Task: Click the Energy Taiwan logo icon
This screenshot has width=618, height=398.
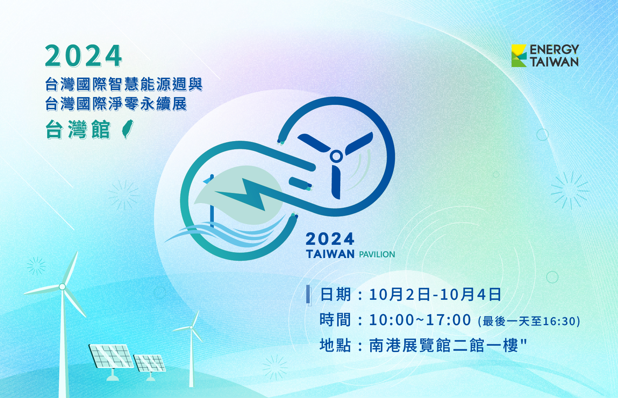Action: [519, 56]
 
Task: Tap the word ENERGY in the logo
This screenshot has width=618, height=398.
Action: [554, 50]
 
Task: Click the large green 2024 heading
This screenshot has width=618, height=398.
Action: [83, 56]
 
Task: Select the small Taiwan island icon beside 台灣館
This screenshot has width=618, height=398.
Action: [128, 129]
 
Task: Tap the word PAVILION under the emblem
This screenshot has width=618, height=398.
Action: [377, 255]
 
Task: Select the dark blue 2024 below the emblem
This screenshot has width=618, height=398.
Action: [330, 239]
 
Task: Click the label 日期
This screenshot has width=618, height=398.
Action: [336, 294]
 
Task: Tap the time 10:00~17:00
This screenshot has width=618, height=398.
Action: [420, 320]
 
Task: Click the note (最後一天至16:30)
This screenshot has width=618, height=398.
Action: [529, 321]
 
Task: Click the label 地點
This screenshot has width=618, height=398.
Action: [336, 345]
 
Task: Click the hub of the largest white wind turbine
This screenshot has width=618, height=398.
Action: [62, 287]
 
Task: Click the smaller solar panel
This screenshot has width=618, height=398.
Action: [149, 363]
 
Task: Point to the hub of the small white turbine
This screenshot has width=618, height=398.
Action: [191, 327]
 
